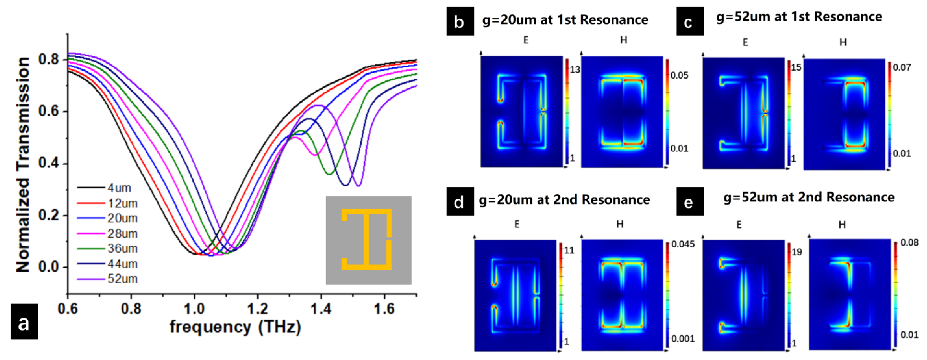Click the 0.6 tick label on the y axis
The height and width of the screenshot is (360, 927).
pyautogui.click(x=49, y=111)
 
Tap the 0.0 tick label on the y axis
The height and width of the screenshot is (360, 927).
pyautogui.click(x=49, y=267)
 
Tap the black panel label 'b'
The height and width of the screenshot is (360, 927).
pyautogui.click(x=459, y=22)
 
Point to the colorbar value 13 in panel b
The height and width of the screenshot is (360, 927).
pyautogui.click(x=575, y=69)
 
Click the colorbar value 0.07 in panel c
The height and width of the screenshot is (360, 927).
pyautogui.click(x=902, y=67)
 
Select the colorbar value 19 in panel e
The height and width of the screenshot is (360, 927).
pyautogui.click(x=797, y=252)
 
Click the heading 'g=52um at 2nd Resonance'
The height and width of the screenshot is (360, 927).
pyautogui.click(x=809, y=197)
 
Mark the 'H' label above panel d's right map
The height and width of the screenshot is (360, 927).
pyautogui.click(x=620, y=224)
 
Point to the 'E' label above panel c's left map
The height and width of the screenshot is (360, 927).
pyautogui.click(x=745, y=42)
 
